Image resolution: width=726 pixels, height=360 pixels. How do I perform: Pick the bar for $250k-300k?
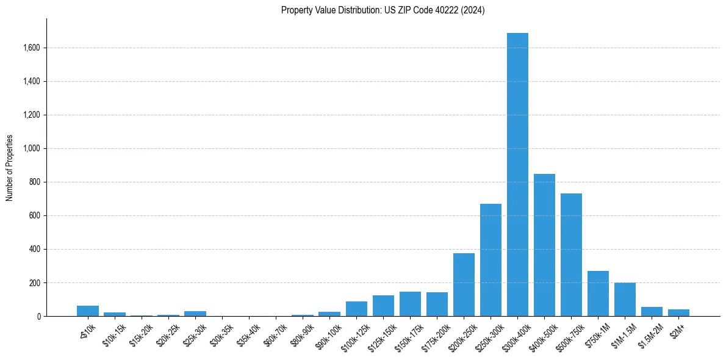(491, 260)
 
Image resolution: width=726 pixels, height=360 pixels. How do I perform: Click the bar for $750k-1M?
(598, 293)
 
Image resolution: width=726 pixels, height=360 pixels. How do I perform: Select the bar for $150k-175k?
(410, 304)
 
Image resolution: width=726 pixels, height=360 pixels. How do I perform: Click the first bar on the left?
(88, 311)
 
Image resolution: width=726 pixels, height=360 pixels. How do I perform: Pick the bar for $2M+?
(678, 313)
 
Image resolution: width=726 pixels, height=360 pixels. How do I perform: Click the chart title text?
(383, 10)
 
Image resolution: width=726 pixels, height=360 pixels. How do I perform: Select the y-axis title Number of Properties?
(10, 167)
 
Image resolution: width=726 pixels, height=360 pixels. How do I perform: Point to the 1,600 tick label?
(32, 48)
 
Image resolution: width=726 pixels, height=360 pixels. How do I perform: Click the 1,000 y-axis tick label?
(32, 148)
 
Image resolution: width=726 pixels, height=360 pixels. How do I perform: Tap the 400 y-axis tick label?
(35, 249)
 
